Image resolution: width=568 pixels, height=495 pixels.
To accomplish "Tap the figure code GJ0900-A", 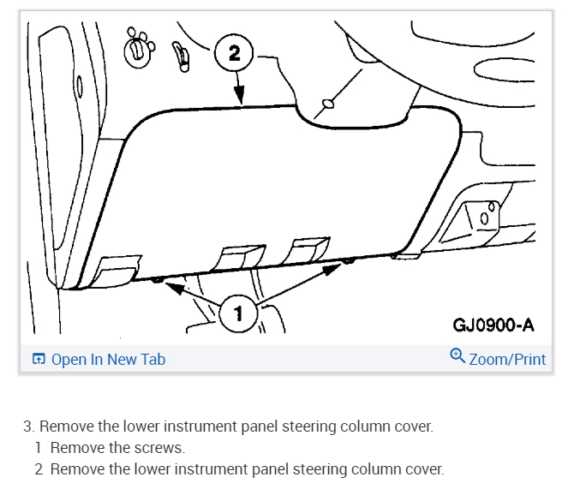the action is (493, 325).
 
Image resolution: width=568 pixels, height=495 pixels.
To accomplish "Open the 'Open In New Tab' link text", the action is (108, 360).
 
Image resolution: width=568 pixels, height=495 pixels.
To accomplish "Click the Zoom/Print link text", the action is (506, 360).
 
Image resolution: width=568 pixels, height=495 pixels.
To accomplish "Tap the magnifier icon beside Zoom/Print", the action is (457, 356).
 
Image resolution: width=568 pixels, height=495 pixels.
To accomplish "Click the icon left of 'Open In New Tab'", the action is (39, 360).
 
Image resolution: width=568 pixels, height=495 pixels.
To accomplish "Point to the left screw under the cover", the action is (158, 280).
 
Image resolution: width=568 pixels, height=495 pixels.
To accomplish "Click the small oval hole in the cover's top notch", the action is (326, 106).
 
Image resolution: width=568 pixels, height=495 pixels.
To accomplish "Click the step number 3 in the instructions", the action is (27, 426).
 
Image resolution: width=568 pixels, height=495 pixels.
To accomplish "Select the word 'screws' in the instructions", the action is (163, 447).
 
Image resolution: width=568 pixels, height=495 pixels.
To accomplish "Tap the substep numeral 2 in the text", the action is (39, 468).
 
